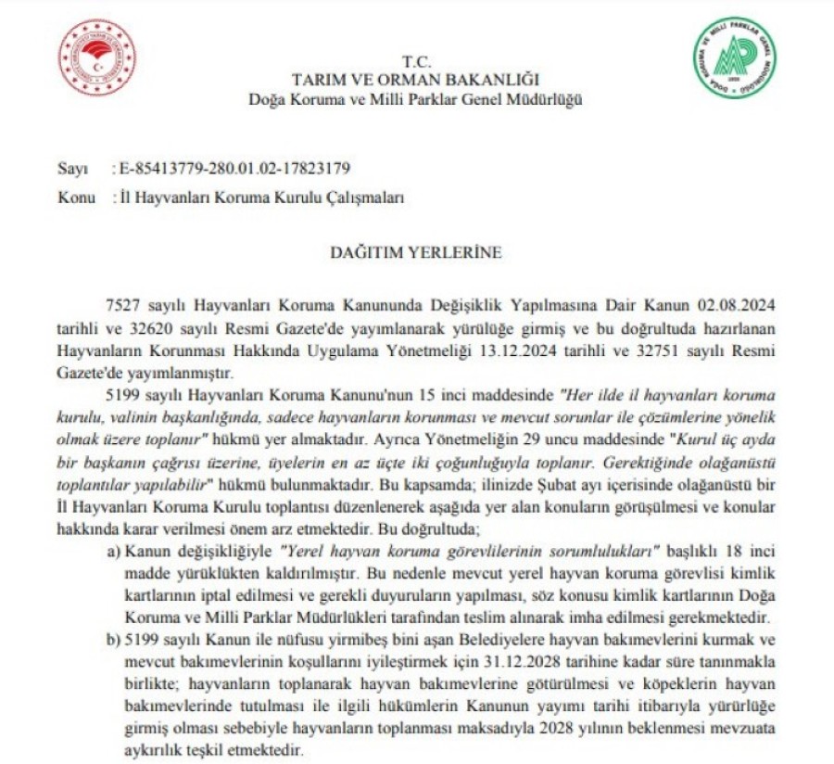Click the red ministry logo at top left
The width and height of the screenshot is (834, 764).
pos(96,58)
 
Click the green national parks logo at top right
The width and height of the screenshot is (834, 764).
pos(736,57)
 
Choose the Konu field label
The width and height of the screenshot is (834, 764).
pos(74,197)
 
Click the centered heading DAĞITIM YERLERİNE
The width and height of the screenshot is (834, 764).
pos(415,251)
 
